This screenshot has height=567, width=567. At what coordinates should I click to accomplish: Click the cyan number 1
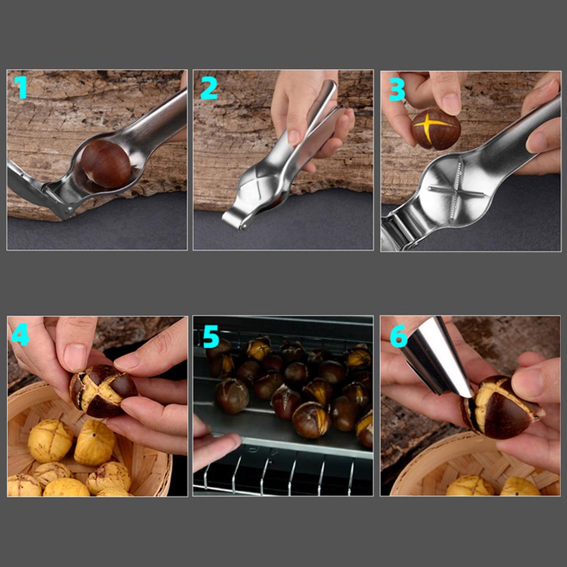coord(20,87)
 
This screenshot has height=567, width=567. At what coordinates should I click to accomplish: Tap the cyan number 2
coord(209,87)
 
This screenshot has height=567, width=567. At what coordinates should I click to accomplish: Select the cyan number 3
coord(397,89)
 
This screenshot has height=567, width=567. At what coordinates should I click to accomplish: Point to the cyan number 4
coord(20,334)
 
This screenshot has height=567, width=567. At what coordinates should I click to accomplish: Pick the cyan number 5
coord(211,336)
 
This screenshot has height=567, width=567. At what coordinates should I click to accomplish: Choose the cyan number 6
coord(399,336)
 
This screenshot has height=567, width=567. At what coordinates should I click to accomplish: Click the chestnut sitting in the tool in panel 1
coord(106,163)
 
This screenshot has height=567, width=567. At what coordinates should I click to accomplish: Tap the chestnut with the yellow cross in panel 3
coord(436,128)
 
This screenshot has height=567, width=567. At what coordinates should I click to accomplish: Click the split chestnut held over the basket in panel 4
coord(103,390)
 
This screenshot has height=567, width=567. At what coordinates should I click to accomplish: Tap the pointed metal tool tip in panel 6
coord(468,393)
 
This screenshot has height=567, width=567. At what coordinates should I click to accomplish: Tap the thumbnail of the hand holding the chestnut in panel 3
coord(451,103)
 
